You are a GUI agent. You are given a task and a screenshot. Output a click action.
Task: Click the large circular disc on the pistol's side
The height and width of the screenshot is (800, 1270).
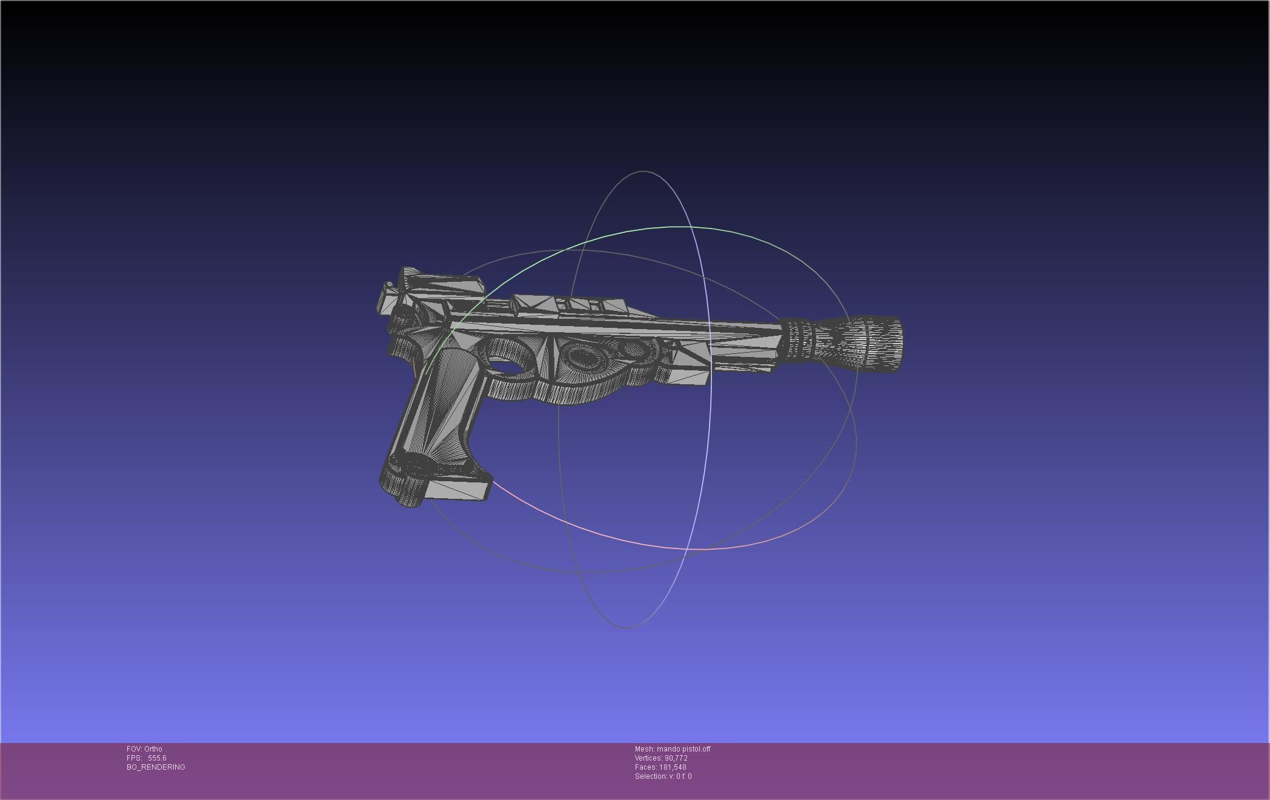pyautogui.click(x=583, y=358)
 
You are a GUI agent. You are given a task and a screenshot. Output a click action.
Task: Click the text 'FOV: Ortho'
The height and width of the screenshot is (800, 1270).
pyautogui.click(x=144, y=749)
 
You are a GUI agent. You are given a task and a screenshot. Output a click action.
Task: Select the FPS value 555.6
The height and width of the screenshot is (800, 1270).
pyautogui.click(x=157, y=758)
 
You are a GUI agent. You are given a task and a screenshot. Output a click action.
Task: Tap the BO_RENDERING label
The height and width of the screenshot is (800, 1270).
pyautogui.click(x=156, y=767)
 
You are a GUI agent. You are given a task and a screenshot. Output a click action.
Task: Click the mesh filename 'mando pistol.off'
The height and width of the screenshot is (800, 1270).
pyautogui.click(x=683, y=749)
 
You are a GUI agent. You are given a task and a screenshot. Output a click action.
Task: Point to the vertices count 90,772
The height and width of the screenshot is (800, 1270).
pyautogui.click(x=676, y=758)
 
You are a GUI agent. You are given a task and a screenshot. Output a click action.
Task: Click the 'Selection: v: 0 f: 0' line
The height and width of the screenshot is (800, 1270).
pyautogui.click(x=663, y=776)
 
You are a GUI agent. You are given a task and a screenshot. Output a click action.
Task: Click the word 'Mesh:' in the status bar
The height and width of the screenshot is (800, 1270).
pyautogui.click(x=645, y=749)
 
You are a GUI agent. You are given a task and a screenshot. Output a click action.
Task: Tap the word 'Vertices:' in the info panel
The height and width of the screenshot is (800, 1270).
pyautogui.click(x=648, y=758)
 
